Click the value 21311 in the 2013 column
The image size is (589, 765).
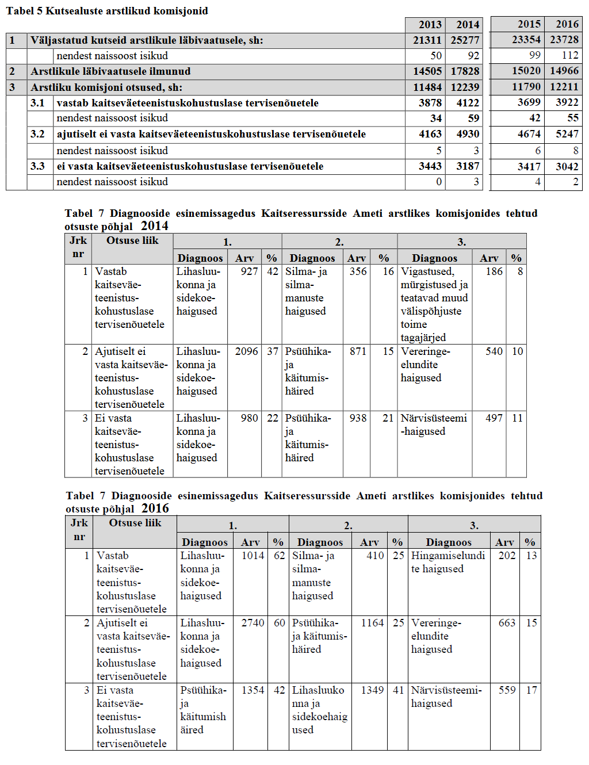[427, 40]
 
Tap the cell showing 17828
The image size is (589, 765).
[464, 71]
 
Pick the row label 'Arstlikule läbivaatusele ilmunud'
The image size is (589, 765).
[110, 71]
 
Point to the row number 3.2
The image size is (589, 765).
[37, 134]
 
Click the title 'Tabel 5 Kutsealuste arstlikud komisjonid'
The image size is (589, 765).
[107, 11]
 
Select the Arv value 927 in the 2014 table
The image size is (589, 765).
[249, 271]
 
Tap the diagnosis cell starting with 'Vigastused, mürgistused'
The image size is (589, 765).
[434, 304]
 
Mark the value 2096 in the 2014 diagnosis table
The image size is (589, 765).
[246, 351]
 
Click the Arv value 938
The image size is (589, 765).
[358, 418]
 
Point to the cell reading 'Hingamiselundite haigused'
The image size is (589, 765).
[448, 563]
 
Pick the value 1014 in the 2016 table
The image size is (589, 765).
[253, 556]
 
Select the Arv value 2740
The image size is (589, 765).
[253, 623]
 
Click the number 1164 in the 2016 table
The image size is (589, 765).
[372, 623]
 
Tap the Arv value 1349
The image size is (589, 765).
[372, 690]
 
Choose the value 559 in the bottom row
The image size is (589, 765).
[507, 690]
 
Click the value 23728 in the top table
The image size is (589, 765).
[564, 40]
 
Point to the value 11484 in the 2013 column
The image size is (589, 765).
[427, 87]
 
